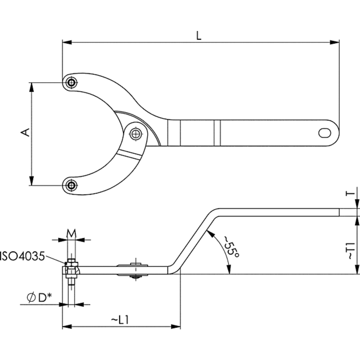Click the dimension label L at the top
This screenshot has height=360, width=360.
pos(199,36)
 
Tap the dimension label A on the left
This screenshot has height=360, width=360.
pos(26,132)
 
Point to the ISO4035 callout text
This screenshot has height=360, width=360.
pos(22,256)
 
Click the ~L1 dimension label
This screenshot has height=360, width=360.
pos(120,320)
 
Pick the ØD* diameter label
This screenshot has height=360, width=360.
pos(39,298)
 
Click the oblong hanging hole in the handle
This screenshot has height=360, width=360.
pos(325,133)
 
